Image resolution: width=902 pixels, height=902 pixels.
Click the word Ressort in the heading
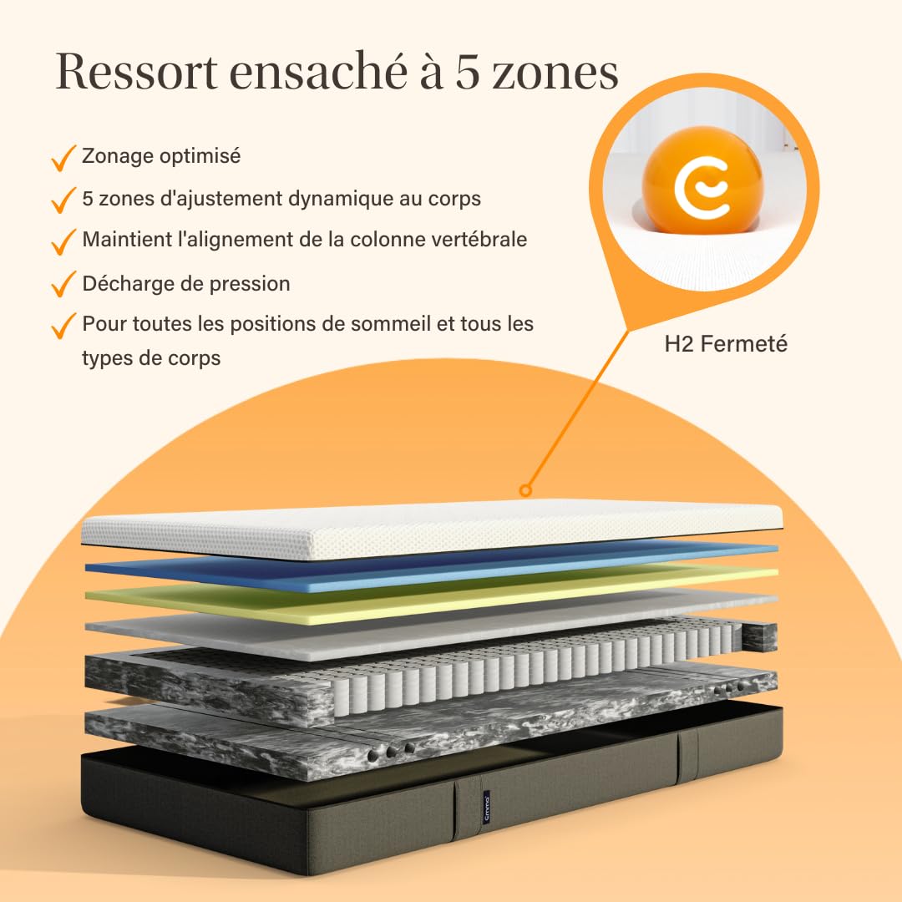pos(137,71)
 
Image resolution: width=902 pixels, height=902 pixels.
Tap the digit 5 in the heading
pos(467,73)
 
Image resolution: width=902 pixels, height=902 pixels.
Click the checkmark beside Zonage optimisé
pos(63,158)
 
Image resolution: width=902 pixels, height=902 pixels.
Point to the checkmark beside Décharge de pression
pos(63,284)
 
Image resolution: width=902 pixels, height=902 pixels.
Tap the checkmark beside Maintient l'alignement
pos(63,241)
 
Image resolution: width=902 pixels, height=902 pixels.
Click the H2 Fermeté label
pos(726,344)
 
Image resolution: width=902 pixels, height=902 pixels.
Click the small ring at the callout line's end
pos(524,490)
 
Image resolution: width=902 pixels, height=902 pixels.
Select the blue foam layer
pos(432,566)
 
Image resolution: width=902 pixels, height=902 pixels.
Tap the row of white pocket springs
pos(535,661)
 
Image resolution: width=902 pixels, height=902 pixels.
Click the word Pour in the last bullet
pos(104,324)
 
